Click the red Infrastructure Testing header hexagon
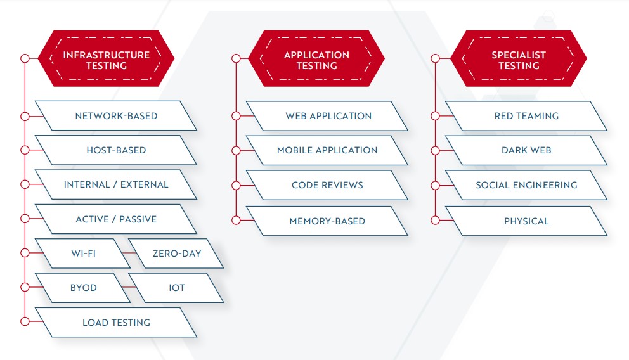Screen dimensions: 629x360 coord(107,58)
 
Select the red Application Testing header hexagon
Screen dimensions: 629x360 coord(316,58)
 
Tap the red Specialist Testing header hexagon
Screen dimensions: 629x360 coord(519,58)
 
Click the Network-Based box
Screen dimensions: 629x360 coord(116,116)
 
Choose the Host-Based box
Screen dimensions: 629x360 coord(116,150)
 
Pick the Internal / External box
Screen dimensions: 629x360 coord(116,185)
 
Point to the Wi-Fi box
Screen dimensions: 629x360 coord(83,254)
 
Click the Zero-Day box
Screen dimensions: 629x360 coord(176,254)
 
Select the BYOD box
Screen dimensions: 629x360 coord(83,288)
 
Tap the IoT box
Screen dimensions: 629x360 coord(176,288)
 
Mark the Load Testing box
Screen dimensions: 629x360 coord(116,323)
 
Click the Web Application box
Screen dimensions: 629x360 coord(327,116)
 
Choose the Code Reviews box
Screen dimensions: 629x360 coord(327,185)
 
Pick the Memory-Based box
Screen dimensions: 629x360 coord(327,221)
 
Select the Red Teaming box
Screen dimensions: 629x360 coord(526,116)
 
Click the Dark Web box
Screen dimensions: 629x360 coord(526,150)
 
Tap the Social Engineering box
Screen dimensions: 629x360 coord(526,185)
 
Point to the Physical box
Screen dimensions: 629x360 coord(526,221)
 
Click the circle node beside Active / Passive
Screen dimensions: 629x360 coord(25,219)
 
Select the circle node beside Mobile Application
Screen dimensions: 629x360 coord(236,150)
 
